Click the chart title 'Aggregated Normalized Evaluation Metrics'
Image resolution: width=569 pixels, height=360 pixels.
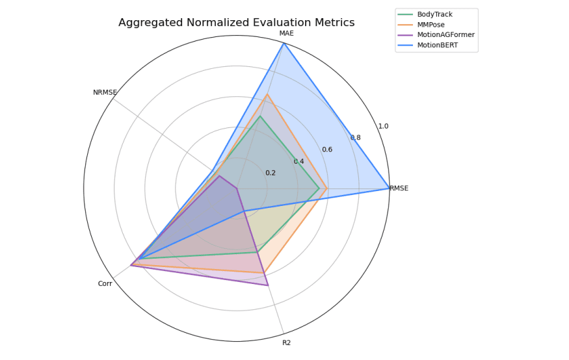click(236, 23)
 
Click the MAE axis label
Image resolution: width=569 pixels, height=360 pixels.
click(286, 33)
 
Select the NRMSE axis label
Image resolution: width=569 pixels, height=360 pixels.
click(105, 93)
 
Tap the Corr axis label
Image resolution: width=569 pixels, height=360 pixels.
click(105, 283)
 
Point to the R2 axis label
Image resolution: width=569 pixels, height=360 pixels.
click(286, 342)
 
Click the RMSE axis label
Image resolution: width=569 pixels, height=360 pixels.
click(399, 188)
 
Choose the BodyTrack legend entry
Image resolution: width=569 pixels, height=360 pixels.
click(435, 14)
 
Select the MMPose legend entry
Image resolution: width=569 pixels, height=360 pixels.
click(431, 25)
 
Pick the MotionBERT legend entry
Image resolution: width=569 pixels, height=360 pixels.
click(438, 45)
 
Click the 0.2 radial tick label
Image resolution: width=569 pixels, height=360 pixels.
click(270, 173)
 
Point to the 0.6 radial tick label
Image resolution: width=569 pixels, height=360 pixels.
click(326, 149)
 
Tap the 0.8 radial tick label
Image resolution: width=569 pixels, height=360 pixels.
click(355, 138)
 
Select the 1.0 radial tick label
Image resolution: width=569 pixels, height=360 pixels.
click(383, 126)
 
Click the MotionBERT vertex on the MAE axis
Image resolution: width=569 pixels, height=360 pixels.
click(284, 44)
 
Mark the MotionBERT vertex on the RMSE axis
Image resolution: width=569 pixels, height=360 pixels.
click(389, 188)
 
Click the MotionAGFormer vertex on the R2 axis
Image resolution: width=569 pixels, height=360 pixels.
click(267, 285)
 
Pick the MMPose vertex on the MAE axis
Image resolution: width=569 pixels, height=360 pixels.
click(267, 94)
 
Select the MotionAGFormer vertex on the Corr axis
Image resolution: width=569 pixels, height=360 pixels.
click(131, 265)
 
